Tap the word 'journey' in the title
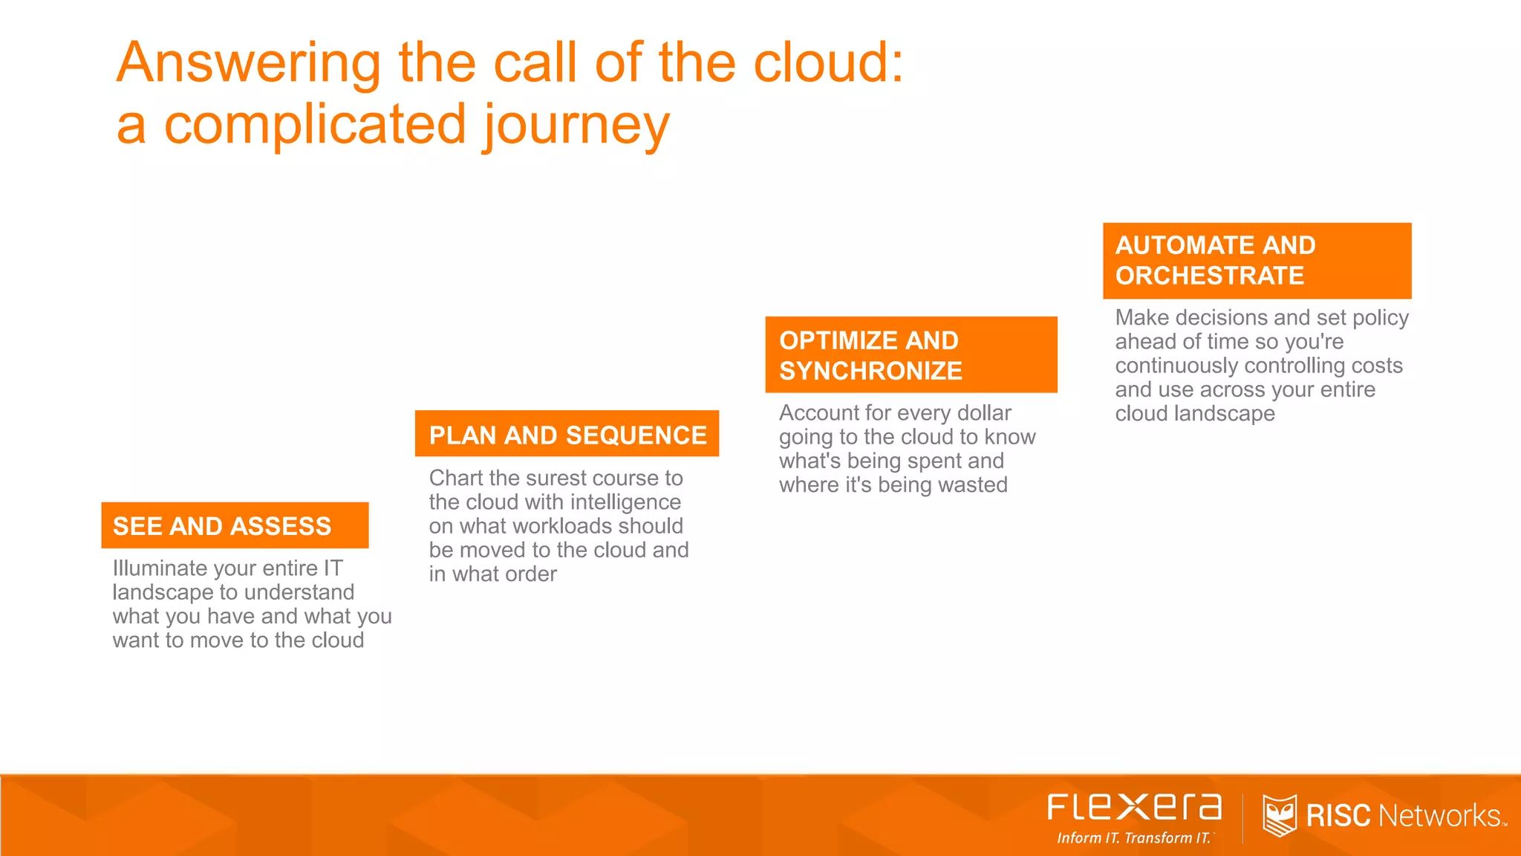[576, 126]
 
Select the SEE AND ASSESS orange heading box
[235, 526]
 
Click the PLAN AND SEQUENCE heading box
[567, 435]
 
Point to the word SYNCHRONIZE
[870, 371]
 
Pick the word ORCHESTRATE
[1209, 276]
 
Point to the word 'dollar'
[984, 413]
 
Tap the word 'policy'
[1380, 318]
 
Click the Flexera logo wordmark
[1134, 808]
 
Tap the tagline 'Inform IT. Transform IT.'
[1134, 838]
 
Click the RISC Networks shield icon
[1279, 815]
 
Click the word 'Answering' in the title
[248, 62]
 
